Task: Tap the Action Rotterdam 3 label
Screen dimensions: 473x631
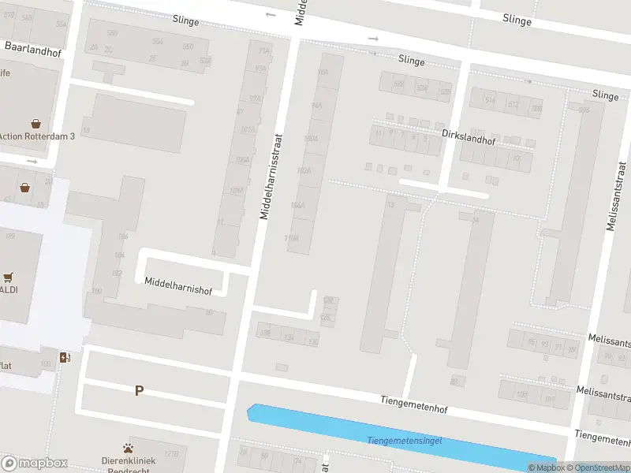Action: click(x=37, y=136)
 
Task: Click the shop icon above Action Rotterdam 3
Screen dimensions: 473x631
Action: click(x=36, y=123)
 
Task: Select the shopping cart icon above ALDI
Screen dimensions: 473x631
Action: click(x=9, y=277)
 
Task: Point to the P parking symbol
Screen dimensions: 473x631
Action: click(x=139, y=390)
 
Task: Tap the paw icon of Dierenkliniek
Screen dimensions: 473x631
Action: click(x=128, y=448)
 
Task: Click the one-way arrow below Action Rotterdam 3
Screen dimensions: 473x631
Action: click(x=32, y=161)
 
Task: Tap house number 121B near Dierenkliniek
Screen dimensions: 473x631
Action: click(x=172, y=455)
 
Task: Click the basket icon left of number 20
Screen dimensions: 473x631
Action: click(x=25, y=188)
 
